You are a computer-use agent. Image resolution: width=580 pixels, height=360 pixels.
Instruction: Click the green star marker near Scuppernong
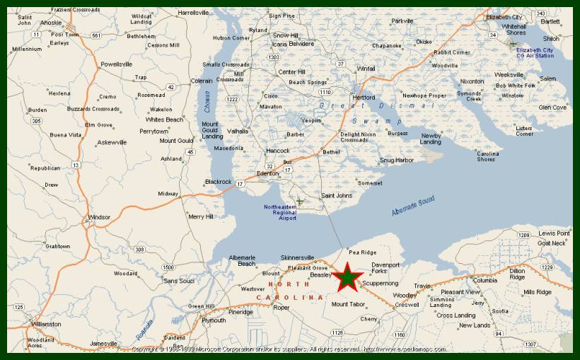[347, 277]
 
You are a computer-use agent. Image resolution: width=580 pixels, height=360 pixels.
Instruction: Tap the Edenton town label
[269, 174]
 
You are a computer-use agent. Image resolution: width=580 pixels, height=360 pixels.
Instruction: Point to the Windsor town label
[99, 217]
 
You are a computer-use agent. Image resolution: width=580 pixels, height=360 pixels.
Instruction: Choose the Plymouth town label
[214, 320]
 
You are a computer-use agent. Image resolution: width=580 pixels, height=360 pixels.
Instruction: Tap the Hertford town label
[364, 98]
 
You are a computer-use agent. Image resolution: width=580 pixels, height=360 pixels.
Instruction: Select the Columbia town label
[485, 280]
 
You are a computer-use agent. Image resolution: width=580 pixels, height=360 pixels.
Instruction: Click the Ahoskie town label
[50, 22]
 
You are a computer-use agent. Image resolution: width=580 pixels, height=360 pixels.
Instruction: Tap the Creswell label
[407, 305]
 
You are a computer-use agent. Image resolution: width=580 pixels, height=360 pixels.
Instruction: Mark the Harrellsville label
[194, 13]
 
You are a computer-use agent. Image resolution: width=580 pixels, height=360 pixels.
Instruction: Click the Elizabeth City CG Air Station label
[535, 53]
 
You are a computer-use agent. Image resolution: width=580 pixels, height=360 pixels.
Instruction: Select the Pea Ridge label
[363, 252]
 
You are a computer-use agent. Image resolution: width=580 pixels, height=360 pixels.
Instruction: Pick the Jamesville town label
[103, 344]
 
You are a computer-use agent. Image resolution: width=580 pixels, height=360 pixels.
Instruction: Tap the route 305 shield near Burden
[36, 121]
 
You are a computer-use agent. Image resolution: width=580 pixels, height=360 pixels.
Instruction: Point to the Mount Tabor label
[348, 305]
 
